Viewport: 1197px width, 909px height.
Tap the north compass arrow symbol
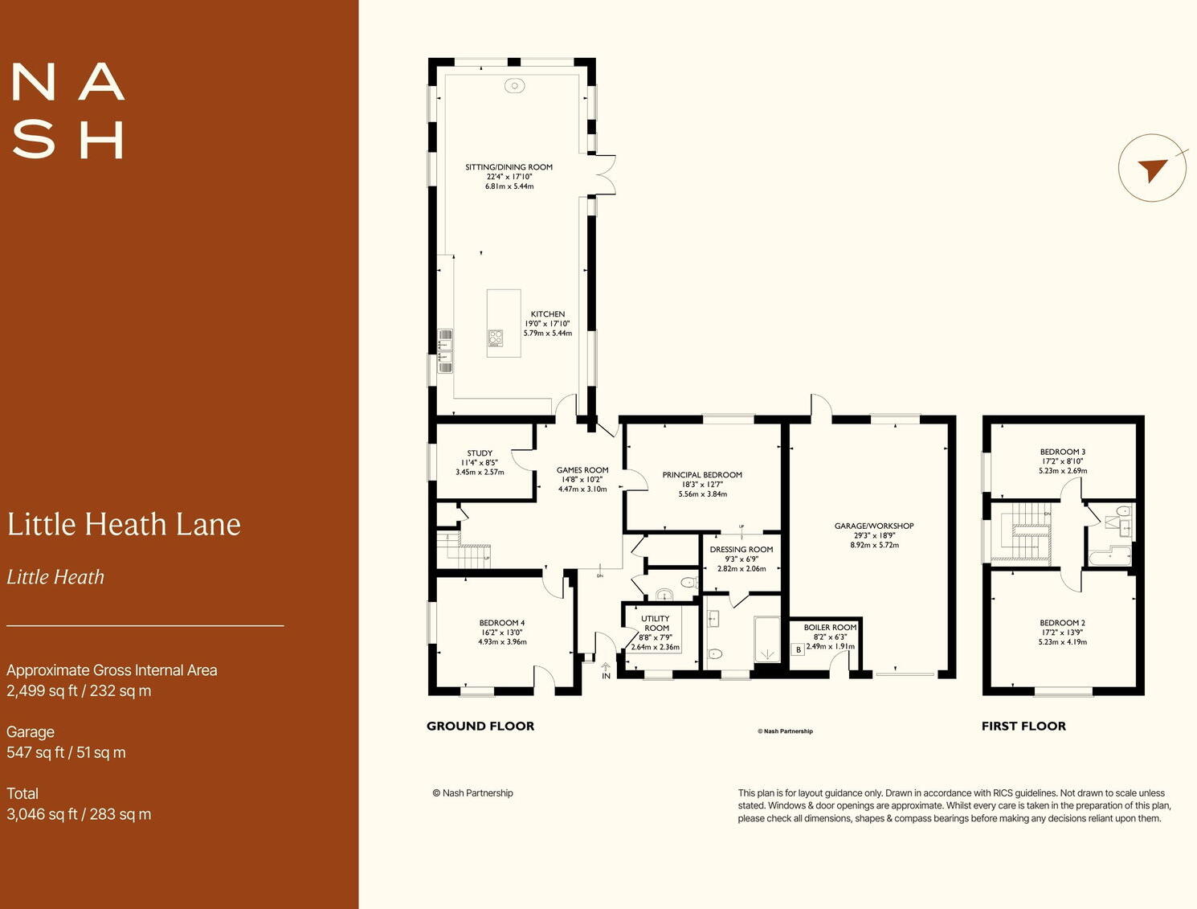(1152, 169)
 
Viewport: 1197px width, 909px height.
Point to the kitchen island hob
(496, 338)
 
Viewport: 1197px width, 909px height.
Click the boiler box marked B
(798, 649)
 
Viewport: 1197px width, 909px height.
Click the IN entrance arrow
(606, 669)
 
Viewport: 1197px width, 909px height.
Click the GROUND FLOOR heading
(480, 727)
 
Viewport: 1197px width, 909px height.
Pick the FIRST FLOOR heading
(1023, 727)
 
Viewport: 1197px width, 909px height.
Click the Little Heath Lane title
(124, 525)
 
